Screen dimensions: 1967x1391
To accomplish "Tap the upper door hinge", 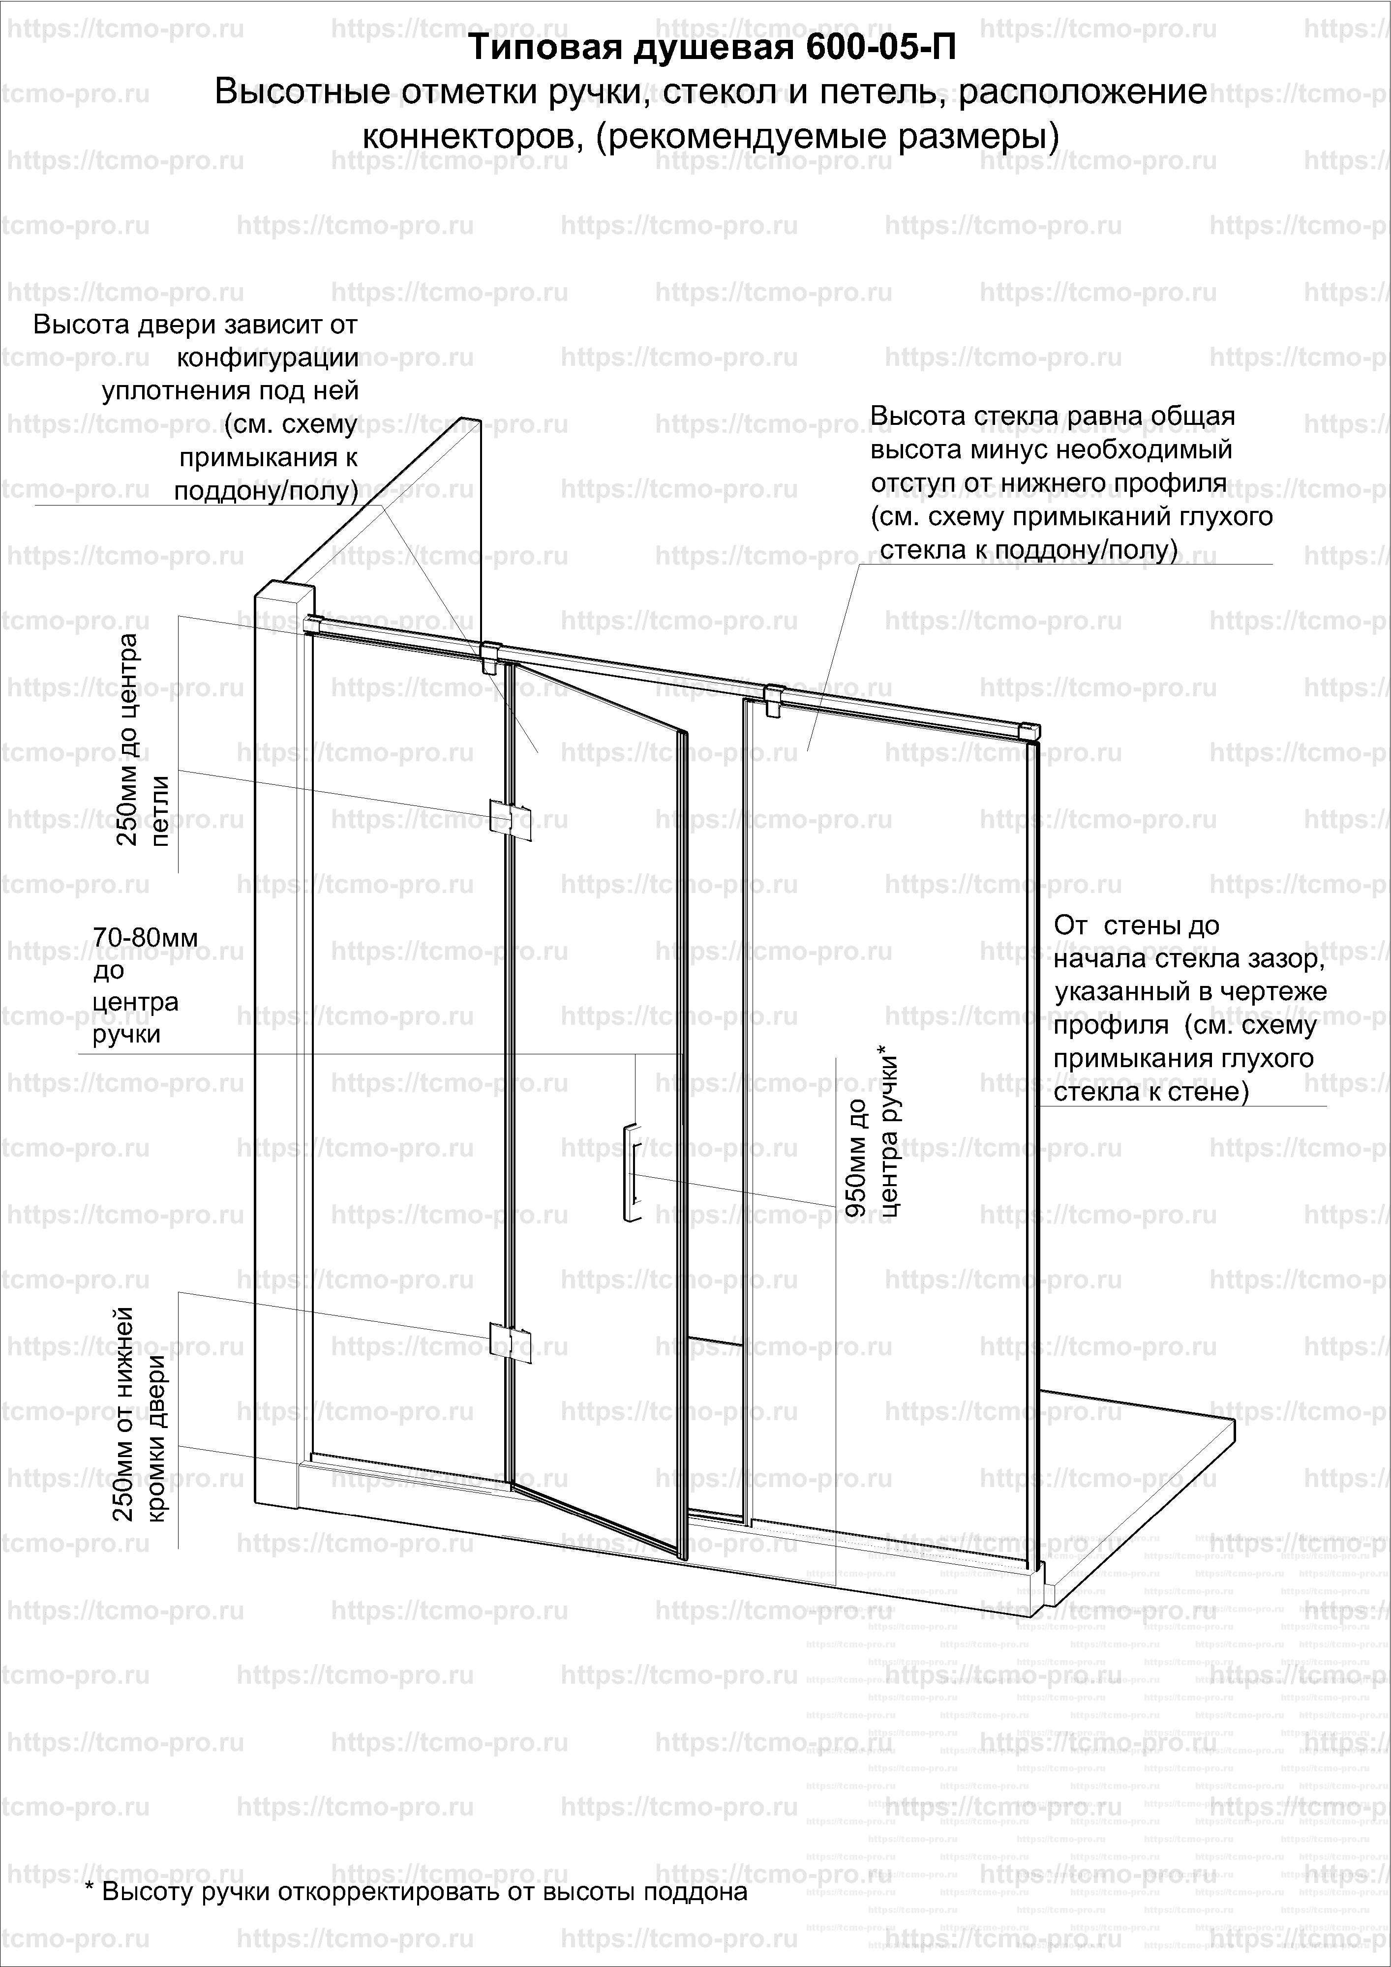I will [x=510, y=818].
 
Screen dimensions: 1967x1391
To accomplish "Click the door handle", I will [x=630, y=1171].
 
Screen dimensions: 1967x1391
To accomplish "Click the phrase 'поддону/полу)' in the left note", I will [x=266, y=490].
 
